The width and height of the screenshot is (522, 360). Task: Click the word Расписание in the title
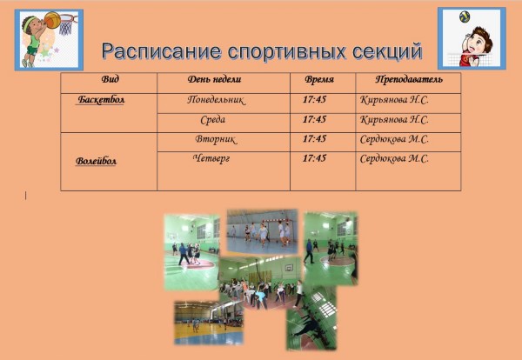(x=162, y=51)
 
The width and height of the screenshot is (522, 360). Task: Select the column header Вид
(x=110, y=79)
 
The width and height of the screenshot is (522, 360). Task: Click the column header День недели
(x=214, y=79)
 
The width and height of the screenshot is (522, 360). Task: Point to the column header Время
(x=319, y=79)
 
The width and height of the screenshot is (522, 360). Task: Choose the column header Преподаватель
(x=409, y=79)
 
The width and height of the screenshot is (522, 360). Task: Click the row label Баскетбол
(x=101, y=99)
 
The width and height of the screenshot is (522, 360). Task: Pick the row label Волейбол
(x=96, y=161)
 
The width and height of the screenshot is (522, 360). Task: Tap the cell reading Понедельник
(x=216, y=100)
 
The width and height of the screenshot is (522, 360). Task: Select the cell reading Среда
(x=213, y=120)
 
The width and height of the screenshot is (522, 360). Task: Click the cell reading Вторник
(x=216, y=139)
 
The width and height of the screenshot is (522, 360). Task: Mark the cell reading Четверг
(x=211, y=158)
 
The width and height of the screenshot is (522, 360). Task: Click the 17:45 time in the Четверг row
(x=314, y=158)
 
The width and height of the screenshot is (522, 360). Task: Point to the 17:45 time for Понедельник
(x=314, y=99)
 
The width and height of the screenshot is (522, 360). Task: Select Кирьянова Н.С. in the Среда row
(x=394, y=120)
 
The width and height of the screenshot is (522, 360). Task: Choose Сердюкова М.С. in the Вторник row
(x=394, y=139)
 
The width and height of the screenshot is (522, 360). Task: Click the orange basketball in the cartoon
(x=52, y=20)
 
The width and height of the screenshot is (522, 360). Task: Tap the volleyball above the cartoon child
(x=465, y=17)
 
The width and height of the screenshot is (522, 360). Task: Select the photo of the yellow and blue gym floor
(x=209, y=323)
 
